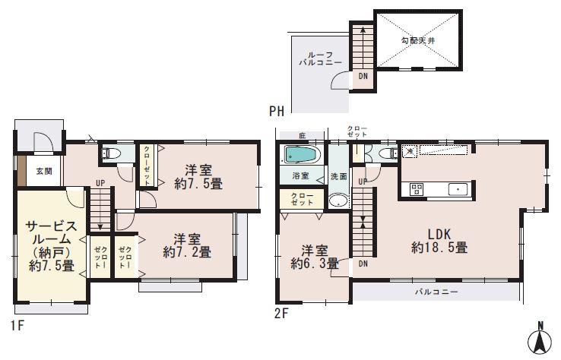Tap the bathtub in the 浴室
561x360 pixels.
(300, 155)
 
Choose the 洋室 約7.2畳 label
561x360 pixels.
(186, 243)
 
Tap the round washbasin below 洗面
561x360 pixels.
(338, 202)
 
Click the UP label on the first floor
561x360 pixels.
(100, 182)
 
